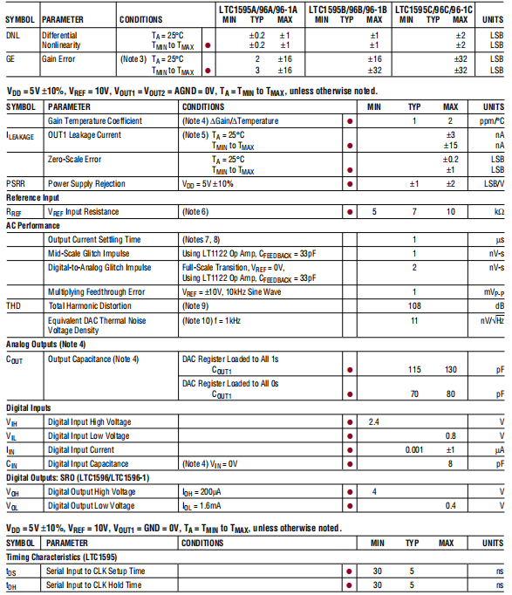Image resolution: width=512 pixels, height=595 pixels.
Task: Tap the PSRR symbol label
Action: coord(16,184)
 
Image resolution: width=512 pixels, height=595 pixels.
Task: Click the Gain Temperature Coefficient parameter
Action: coord(95,121)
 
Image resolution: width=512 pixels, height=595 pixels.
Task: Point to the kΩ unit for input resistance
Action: coord(498,212)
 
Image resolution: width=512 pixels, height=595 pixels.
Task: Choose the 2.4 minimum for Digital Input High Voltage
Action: coord(373,421)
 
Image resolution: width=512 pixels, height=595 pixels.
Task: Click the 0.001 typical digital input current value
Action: coord(414,449)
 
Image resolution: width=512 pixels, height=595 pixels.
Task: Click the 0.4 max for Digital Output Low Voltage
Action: coord(450,505)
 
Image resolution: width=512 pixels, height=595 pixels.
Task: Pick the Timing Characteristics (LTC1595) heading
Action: coord(61,556)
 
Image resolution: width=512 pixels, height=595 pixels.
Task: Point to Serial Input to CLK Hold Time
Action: coord(95,585)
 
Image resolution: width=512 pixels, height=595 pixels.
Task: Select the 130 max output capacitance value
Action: coord(450,369)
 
